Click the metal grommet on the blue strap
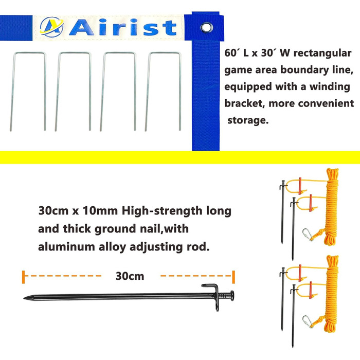(206, 27)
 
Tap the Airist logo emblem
(51, 27)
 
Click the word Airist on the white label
(123, 28)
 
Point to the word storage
(248, 120)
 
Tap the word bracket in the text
(244, 103)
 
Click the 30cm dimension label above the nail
(130, 276)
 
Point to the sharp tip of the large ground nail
(24, 298)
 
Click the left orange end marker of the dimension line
(24, 277)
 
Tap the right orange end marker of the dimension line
(233, 277)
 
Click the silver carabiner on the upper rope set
(308, 235)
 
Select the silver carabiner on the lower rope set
(308, 321)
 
